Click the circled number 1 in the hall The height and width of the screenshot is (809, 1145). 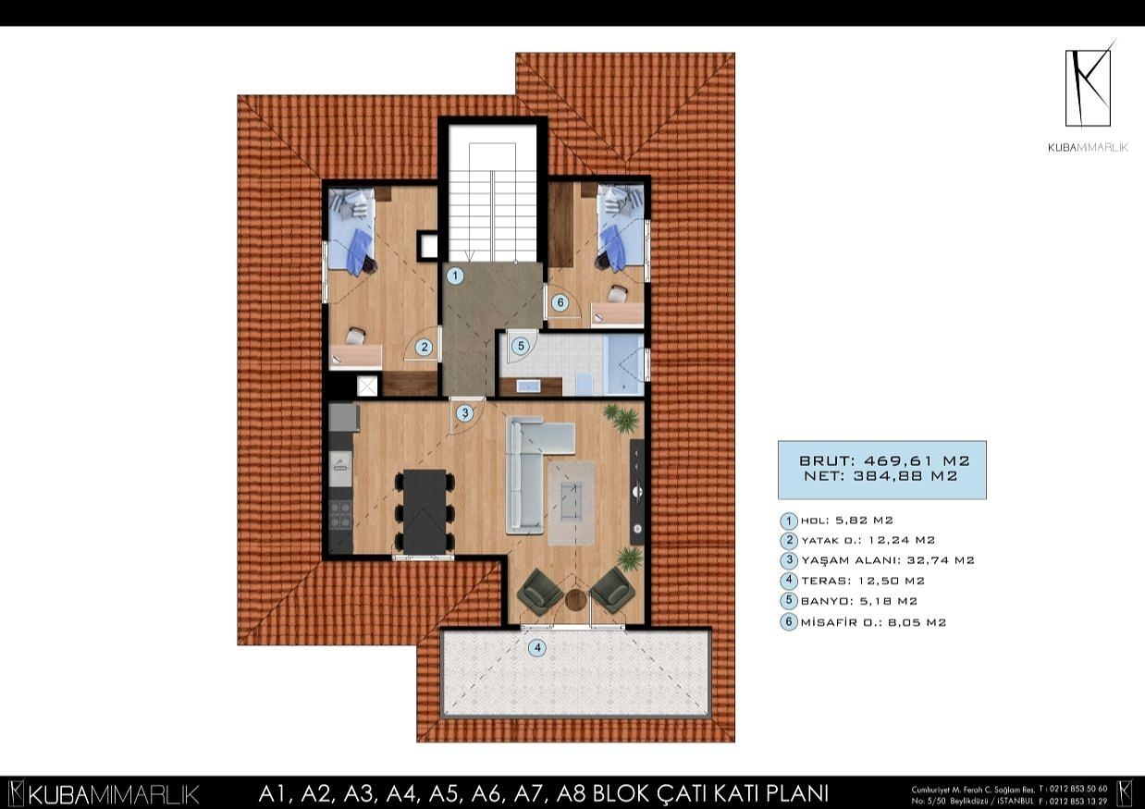[454, 275]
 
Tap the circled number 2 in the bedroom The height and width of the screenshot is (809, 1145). [424, 348]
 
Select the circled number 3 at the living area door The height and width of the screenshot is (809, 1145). [465, 413]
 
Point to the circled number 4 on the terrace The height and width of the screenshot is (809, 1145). [536, 648]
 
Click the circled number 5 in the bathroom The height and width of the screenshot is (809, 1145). [521, 346]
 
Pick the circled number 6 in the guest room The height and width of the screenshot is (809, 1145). [559, 301]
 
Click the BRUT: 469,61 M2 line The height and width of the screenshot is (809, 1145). [883, 460]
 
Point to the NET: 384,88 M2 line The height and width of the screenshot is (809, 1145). [883, 476]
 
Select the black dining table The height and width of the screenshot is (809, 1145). [425, 509]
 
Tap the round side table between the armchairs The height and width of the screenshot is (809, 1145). [575, 599]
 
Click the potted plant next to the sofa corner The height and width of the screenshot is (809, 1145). [621, 418]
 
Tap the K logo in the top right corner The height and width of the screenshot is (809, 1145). [1088, 87]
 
